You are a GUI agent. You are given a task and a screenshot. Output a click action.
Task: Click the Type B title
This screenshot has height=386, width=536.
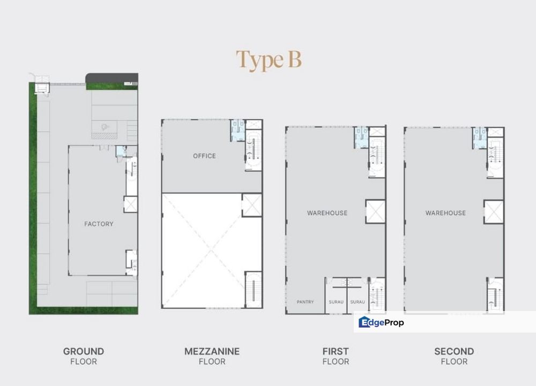pos(269,60)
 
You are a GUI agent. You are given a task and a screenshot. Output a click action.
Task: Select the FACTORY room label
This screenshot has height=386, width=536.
pos(99,224)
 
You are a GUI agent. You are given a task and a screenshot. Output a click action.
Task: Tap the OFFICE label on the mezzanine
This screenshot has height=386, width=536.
pos(204,156)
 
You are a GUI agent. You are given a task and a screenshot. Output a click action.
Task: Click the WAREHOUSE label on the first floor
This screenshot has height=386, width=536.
pos(327,213)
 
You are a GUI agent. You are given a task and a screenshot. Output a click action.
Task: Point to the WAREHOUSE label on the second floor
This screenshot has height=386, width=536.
pos(445,213)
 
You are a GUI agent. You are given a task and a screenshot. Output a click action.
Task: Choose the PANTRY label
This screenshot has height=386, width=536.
pos(305,302)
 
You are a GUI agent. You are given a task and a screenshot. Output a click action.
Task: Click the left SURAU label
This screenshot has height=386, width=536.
pos(336,302)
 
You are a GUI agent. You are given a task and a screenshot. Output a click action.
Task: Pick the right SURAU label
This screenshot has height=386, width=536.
pos(358,302)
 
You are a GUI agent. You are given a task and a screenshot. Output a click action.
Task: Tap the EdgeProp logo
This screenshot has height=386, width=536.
pos(381,322)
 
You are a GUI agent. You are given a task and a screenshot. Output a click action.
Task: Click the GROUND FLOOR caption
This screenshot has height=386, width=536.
pos(84,356)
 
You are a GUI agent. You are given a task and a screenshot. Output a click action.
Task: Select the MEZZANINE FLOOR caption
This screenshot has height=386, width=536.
pos(212,356)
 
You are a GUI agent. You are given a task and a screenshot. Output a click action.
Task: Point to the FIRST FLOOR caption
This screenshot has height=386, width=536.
pos(336,356)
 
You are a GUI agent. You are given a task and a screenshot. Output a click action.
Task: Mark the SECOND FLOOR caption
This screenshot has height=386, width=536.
pos(454,356)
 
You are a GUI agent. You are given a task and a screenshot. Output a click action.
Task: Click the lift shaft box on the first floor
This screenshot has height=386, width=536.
pos(375,211)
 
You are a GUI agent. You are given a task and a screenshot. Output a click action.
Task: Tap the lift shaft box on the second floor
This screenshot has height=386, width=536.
pos(494,211)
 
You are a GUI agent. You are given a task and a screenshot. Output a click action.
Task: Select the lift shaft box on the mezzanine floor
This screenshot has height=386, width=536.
pos(251,205)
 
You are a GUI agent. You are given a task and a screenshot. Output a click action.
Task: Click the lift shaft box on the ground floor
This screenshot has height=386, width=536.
pos(131,204)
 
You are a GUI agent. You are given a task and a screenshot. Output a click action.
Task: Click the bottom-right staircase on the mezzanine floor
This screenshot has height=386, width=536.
pos(252,289)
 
